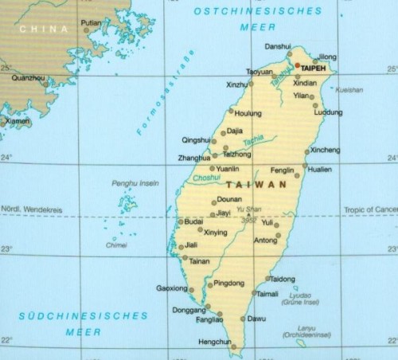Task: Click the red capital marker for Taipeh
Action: (298, 65)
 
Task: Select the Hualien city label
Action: (320, 170)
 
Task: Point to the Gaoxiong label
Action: (172, 288)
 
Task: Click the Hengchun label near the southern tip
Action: (212, 342)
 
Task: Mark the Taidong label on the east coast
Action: (283, 279)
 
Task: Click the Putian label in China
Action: (92, 23)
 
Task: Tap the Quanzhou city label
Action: (29, 78)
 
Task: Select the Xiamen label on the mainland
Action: (18, 121)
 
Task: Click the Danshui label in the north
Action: (278, 46)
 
